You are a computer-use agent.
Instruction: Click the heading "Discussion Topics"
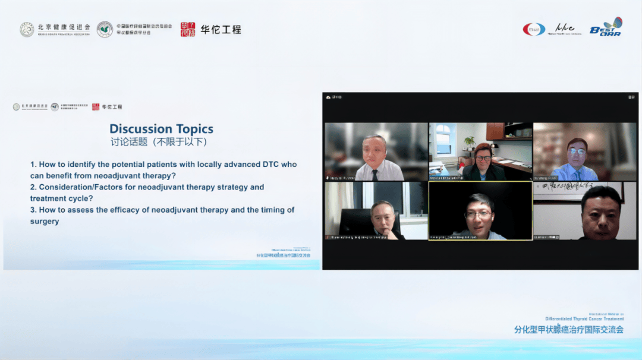pos(161,129)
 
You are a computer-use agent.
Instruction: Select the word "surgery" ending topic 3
pos(45,222)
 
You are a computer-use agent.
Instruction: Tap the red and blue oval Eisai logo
pos(534,29)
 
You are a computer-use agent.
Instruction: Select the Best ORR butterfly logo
pos(606,27)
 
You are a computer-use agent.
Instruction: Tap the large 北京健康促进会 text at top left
pos(64,27)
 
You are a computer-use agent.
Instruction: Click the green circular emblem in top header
pos(105,29)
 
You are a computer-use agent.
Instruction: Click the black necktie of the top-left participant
pos(375,174)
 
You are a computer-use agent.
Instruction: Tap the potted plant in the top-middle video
pos(470,143)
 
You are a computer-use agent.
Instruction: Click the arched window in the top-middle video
pos(443,140)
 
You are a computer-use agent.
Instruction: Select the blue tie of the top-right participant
pos(575,175)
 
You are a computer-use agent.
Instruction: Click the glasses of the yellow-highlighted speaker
pos(480,214)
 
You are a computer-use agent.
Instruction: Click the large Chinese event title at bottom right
pos(569,330)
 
